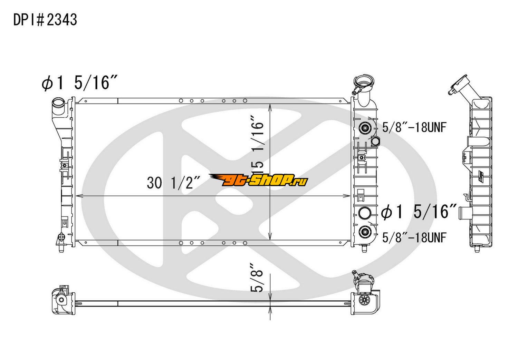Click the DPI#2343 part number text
(45, 20)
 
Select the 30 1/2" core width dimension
(173, 183)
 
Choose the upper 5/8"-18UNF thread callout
(414, 128)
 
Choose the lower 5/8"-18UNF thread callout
(414, 237)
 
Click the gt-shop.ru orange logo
(258, 180)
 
